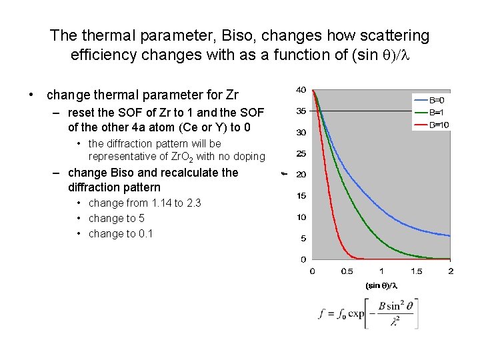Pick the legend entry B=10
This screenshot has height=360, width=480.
click(438, 125)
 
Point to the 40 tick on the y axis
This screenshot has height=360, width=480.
click(301, 90)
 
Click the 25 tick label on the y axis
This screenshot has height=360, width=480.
click(301, 154)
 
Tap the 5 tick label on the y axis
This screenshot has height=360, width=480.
click(303, 238)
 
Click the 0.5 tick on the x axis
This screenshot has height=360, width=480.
click(347, 271)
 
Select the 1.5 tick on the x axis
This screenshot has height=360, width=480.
click(416, 271)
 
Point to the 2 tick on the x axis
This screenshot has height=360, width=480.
click(451, 271)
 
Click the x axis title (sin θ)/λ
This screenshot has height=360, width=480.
click(381, 285)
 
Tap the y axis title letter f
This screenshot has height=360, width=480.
click(285, 174)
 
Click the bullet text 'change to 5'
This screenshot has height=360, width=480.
click(117, 218)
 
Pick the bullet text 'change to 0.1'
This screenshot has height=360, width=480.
click(121, 233)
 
